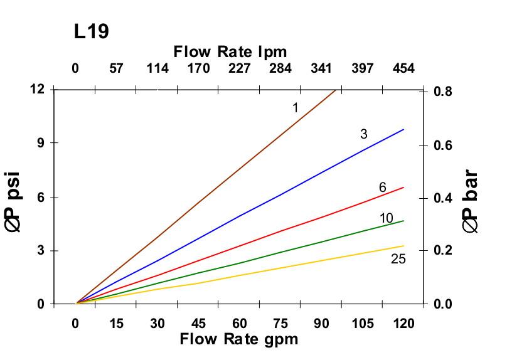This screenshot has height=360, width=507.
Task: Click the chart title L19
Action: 92,32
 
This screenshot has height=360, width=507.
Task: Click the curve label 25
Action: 398,258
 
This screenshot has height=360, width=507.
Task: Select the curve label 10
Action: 387,218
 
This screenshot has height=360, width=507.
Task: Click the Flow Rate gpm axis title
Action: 239,340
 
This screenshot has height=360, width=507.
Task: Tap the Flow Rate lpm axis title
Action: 230,51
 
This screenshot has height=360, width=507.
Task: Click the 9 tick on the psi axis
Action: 41,143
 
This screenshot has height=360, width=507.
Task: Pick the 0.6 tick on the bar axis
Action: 444,145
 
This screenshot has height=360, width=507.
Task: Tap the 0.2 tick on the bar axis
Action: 444,251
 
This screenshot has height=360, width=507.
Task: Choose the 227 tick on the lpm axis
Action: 240,68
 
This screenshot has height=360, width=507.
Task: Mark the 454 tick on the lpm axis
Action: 403,68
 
